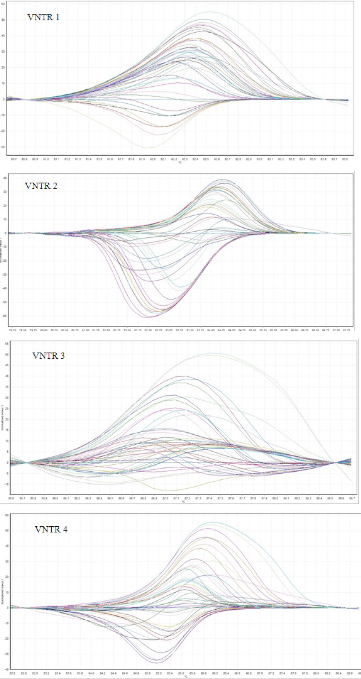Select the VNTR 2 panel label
(x=41, y=186)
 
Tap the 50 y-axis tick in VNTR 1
(x=3, y=20)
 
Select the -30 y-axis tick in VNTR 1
(x=3, y=147)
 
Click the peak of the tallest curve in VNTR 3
(x=210, y=353)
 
